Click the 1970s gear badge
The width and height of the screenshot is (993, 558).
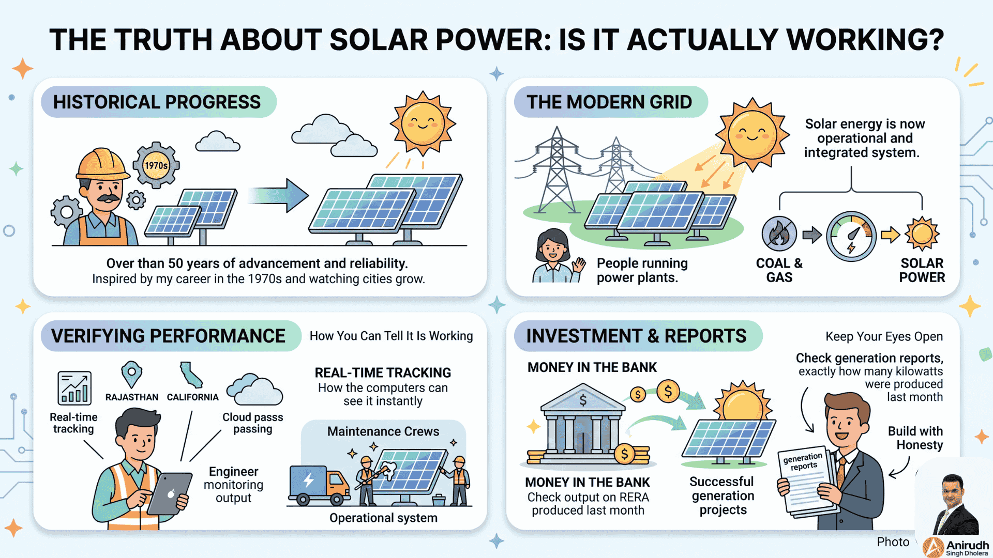tap(156, 165)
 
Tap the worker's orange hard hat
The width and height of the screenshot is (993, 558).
tap(102, 163)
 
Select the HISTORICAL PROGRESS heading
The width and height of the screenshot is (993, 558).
tap(157, 102)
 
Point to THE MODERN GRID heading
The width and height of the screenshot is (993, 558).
tap(609, 102)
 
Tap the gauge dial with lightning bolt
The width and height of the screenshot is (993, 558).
tap(851, 236)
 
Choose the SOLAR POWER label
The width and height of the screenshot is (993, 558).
tap(922, 270)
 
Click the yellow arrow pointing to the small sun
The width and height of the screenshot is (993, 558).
tap(890, 235)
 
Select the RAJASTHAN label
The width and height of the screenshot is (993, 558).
tap(132, 397)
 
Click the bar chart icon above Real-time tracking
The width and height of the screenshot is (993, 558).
tap(74, 388)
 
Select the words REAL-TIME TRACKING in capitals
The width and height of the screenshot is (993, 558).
tap(383, 373)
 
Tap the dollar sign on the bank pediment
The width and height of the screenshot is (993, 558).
tap(583, 400)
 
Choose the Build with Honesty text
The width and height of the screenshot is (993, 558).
tap(915, 438)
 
